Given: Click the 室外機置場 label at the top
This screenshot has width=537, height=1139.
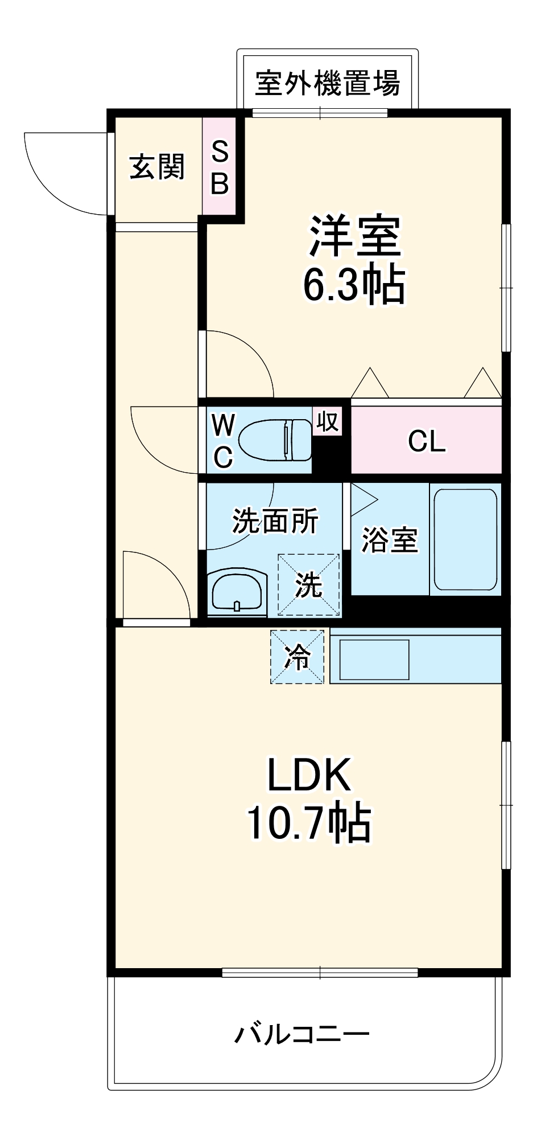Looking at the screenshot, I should (327, 84).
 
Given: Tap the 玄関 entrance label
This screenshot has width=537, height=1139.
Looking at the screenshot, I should (157, 167).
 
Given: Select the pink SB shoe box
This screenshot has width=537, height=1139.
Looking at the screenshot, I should (220, 166).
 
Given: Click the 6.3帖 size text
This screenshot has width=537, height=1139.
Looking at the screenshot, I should (354, 284).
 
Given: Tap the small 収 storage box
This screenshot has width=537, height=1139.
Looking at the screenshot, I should (328, 422).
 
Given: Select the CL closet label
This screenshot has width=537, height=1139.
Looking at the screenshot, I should (426, 441).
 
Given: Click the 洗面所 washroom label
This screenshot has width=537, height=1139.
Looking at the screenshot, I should (275, 521).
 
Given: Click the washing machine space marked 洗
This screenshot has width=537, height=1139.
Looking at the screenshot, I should (308, 585).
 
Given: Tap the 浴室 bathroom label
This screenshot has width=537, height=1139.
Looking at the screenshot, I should (390, 539).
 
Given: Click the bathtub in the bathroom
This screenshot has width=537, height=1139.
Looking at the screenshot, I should (465, 539).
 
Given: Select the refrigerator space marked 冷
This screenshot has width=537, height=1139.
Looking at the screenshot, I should (298, 657).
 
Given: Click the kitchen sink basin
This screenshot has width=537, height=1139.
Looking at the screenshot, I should (374, 659).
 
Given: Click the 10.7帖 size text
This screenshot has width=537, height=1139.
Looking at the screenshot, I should (309, 823).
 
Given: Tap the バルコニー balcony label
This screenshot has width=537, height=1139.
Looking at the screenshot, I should (302, 1034).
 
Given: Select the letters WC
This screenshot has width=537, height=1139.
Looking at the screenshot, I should (222, 440).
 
